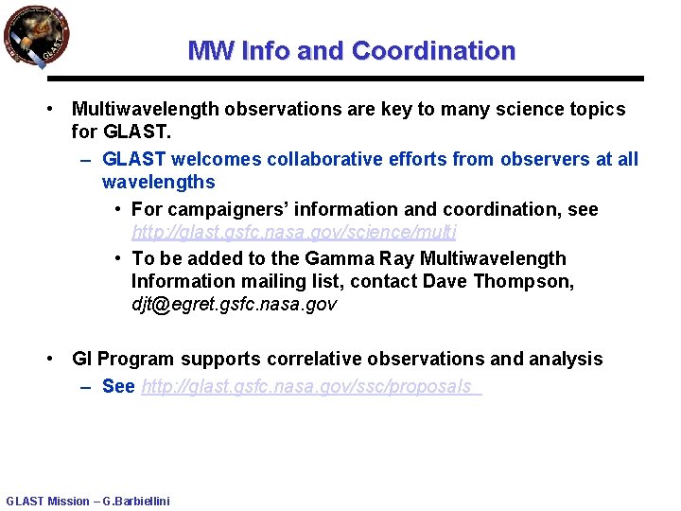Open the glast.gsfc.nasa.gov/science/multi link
point(294,232)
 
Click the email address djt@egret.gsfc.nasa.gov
point(234,304)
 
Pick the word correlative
point(316,359)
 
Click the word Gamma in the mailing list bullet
point(306,258)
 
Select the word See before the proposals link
point(118,386)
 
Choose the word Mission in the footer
point(68,502)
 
